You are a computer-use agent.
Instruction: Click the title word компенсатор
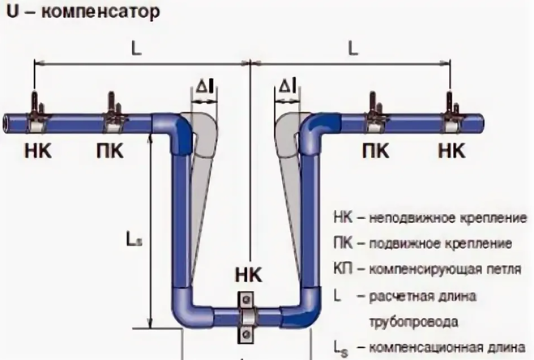100,13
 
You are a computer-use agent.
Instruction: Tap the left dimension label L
136,49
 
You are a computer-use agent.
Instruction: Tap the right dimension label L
353,49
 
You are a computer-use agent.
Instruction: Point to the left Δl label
205,86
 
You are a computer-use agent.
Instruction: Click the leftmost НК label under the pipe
38,150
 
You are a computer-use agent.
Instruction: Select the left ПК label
110,150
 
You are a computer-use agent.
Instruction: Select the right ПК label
376,150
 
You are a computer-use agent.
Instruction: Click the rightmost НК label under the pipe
451,150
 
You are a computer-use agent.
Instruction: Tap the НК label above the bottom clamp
249,275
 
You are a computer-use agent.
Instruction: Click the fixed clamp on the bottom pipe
246,317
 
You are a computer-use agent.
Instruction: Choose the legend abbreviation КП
343,269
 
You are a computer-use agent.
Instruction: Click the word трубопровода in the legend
413,322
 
